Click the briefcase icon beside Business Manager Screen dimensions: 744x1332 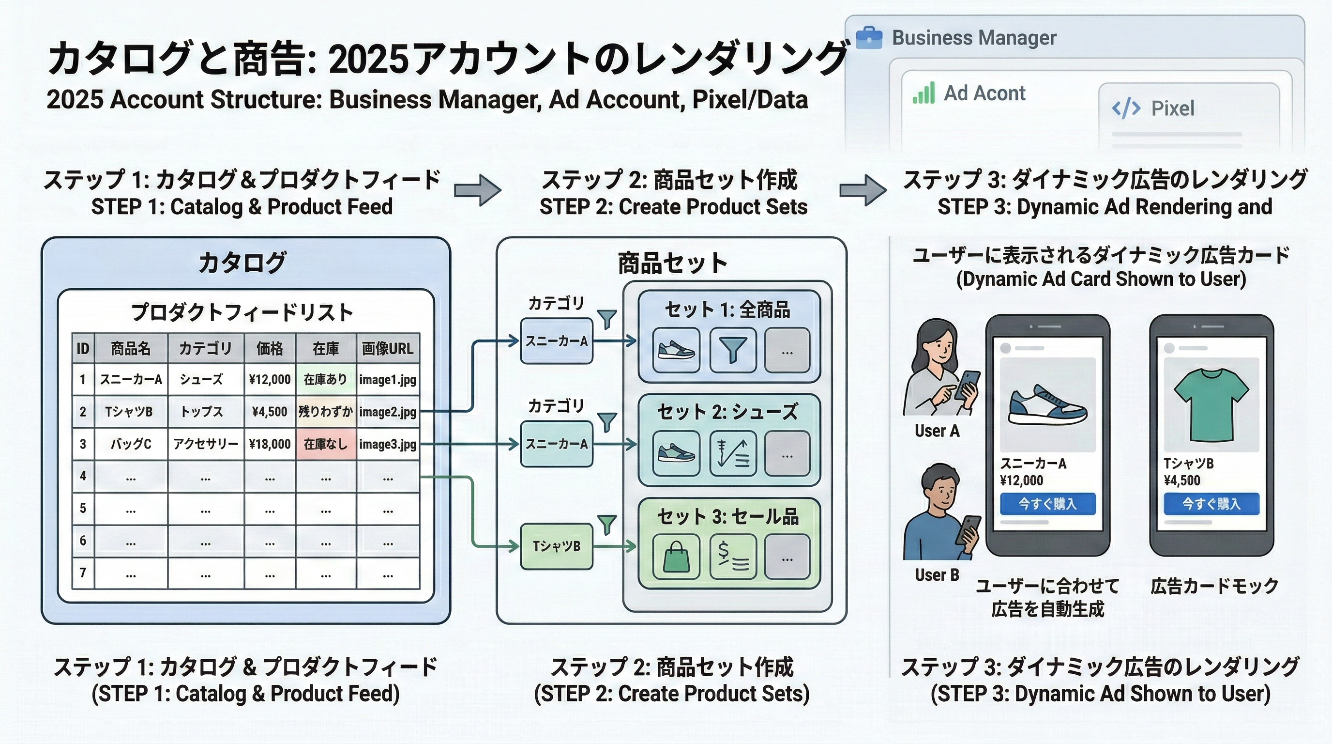tap(869, 38)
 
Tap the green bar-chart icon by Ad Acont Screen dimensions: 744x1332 tap(924, 93)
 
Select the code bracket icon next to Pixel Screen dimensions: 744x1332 tap(1126, 108)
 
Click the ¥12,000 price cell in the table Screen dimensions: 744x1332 tap(270, 380)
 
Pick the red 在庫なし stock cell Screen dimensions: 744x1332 tap(326, 444)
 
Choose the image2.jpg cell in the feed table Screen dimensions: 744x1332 tap(388, 412)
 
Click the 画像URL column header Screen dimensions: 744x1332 tap(388, 348)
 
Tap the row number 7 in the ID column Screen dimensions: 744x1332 tap(83, 573)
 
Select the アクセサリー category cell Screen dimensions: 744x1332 tap(206, 444)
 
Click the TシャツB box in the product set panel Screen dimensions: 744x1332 tap(557, 546)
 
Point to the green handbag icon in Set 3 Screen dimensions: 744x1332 tap(676, 557)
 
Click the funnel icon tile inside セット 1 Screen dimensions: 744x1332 tap(733, 350)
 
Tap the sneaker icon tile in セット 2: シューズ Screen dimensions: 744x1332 tap(676, 454)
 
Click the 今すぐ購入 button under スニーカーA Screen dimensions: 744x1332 tap(1047, 503)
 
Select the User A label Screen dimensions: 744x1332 tap(937, 431)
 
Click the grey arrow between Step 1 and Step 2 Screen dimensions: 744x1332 tap(477, 190)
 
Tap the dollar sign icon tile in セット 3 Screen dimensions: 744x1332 tap(733, 557)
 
